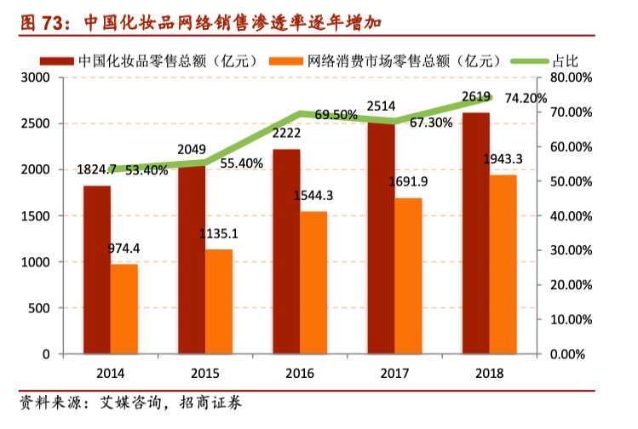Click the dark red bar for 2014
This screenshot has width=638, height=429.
pos(97,270)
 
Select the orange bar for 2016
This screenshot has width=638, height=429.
pos(313,283)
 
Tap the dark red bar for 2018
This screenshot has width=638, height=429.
pos(475,233)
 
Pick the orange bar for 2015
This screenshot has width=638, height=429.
pos(219,301)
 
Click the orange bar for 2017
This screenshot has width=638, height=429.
pos(408,276)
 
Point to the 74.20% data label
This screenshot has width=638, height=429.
pos(526,99)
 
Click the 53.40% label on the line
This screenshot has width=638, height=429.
pos(147,170)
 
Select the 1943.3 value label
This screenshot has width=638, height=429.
pos(503,159)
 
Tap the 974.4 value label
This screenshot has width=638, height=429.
pos(124,248)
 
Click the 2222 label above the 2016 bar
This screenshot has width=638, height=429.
pos(286,133)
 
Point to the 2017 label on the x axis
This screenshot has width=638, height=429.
pos(394,374)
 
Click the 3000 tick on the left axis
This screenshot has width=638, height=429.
pos(36,77)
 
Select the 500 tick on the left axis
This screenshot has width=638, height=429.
pos(39,308)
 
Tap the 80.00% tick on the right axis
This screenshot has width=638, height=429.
pos(572,77)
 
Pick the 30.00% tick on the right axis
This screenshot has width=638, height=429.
pos(572,250)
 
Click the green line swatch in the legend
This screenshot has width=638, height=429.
pos(530,61)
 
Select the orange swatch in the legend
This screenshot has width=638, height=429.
pos(286,61)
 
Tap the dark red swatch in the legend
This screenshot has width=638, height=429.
pos(57,61)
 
